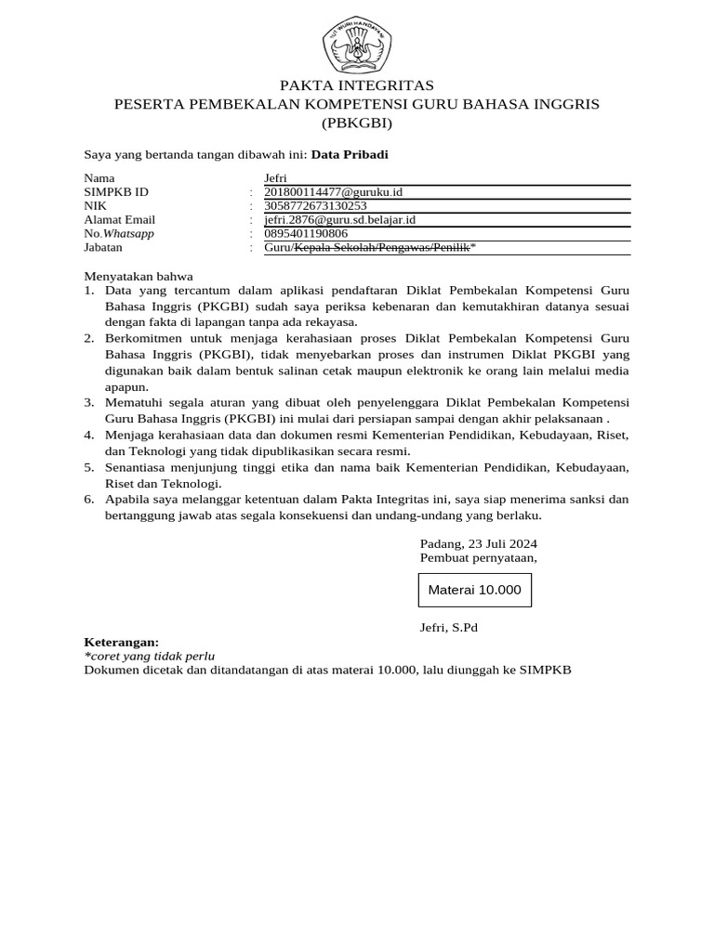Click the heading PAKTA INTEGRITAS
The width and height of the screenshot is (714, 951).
tap(357, 86)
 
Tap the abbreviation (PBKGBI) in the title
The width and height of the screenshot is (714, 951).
tap(357, 123)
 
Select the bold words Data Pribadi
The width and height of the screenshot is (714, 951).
tap(350, 155)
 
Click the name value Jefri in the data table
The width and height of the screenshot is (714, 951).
tap(276, 178)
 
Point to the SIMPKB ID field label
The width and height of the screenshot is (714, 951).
tap(116, 192)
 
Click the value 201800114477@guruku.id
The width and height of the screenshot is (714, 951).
tap(334, 192)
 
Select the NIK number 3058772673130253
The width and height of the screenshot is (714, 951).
tap(315, 206)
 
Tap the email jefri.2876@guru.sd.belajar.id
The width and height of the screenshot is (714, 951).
tap(339, 220)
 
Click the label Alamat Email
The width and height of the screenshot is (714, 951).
tap(120, 220)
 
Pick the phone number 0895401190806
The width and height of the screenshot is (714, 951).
tap(306, 234)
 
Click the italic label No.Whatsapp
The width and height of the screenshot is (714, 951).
tap(119, 234)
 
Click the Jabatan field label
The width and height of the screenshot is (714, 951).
tap(103, 248)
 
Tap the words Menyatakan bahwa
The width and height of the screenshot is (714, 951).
tap(139, 276)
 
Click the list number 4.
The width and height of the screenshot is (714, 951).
tap(89, 435)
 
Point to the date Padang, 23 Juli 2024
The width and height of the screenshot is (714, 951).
tap(478, 543)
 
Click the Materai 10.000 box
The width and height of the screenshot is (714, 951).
tap(474, 591)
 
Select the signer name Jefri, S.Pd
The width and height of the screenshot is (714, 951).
tap(448, 628)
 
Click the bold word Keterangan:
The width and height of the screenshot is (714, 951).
tap(122, 642)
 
